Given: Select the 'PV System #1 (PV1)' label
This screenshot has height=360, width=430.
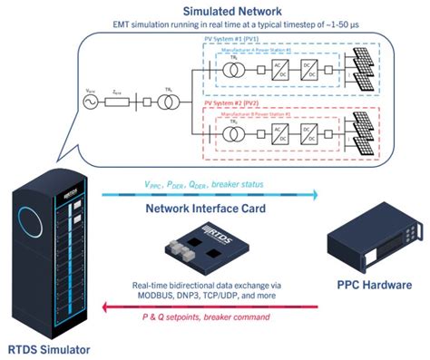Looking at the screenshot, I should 234,41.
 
